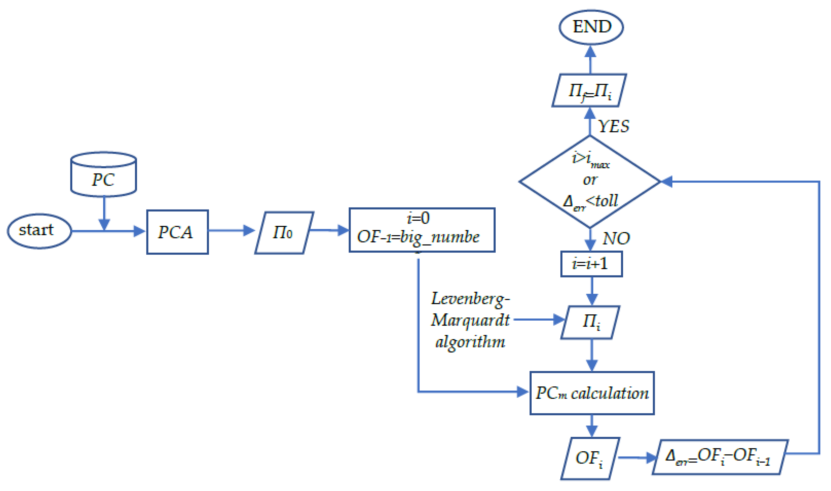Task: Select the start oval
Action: [39, 231]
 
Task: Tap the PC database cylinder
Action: [104, 175]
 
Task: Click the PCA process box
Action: [177, 232]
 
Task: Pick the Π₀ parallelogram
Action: [284, 233]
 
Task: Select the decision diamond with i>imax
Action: [590, 181]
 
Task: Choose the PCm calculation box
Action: [592, 393]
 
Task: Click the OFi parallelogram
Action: [590, 458]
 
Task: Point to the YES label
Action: [613, 126]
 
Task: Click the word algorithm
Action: [470, 342]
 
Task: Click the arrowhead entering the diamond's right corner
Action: [667, 181]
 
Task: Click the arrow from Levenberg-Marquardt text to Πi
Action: [539, 320]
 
